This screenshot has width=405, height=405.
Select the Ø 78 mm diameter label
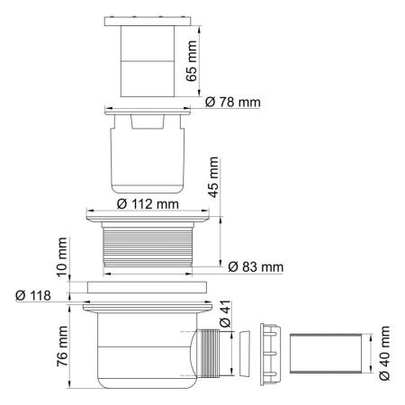[228, 102]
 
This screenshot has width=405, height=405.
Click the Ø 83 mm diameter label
[255, 267]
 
